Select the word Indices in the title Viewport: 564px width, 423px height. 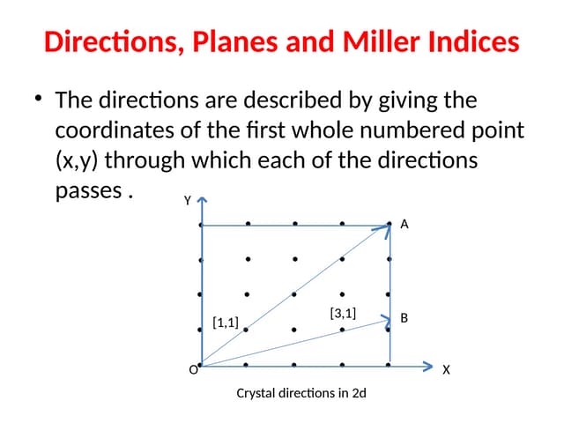click(469, 41)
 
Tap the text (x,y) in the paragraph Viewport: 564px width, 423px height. click(79, 161)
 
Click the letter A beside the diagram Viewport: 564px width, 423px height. click(404, 225)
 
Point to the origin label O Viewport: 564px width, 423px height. click(193, 370)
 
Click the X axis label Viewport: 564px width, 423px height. click(446, 370)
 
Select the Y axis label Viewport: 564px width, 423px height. click(187, 201)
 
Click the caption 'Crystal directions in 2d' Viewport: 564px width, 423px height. click(301, 393)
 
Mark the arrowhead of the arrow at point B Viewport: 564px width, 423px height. click(386, 320)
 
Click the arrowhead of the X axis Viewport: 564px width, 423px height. click(428, 365)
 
